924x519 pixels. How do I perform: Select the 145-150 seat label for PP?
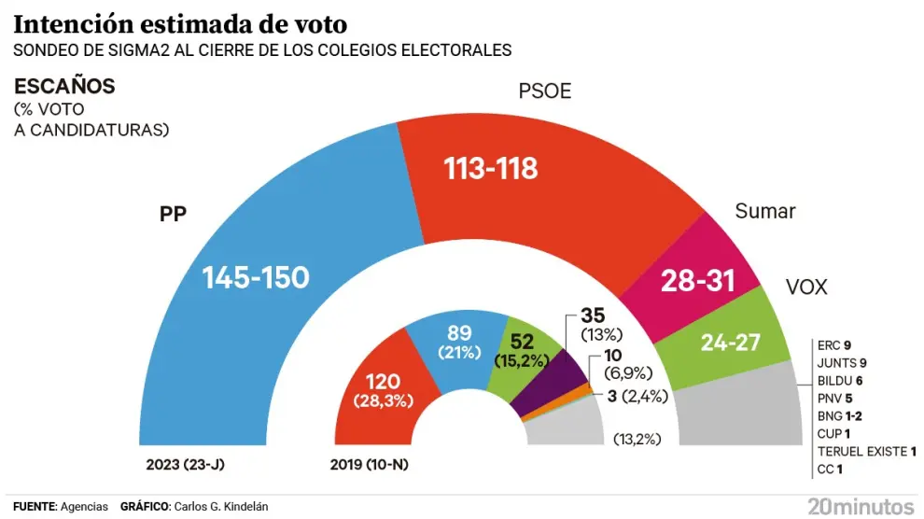point(256,277)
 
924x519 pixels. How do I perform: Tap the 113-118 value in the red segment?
point(490,169)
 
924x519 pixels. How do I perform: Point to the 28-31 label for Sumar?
point(698,280)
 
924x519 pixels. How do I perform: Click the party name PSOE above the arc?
point(544,91)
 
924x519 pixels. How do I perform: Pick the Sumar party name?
point(764,211)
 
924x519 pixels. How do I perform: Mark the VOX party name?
point(805,287)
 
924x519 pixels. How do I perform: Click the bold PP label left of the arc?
point(174,214)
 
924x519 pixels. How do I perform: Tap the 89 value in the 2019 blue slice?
point(459,333)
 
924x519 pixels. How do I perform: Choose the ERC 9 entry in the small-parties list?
point(833,344)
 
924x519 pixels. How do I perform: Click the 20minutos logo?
point(861,505)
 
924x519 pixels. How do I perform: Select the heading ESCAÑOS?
point(64,87)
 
